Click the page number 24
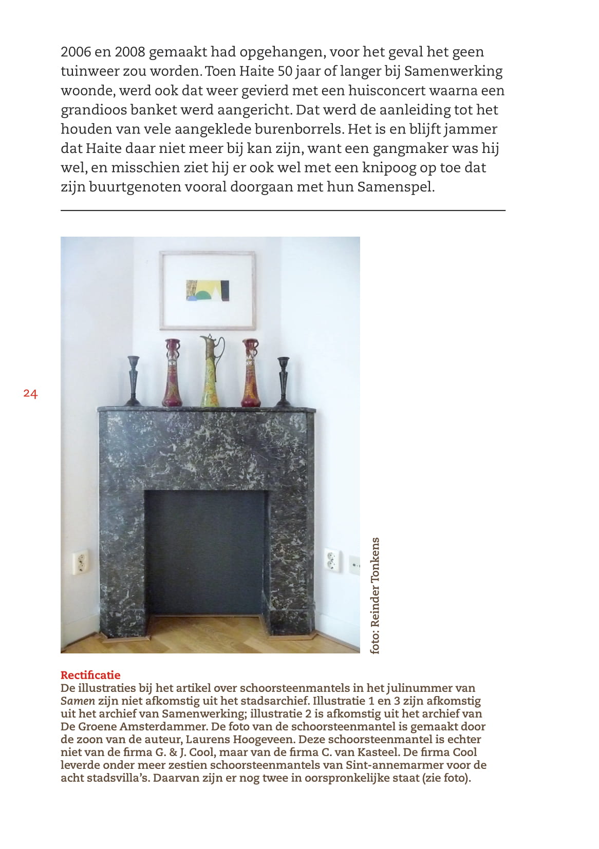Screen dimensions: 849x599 30,394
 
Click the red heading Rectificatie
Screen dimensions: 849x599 90,675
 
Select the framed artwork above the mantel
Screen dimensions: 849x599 208,290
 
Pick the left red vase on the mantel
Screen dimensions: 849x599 173,373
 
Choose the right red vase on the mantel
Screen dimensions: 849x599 251,373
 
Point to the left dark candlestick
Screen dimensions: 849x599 134,381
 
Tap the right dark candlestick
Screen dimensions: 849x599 283,381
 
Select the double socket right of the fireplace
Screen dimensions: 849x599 332,560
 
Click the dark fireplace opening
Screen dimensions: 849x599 205,552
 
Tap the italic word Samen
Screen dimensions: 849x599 78,701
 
